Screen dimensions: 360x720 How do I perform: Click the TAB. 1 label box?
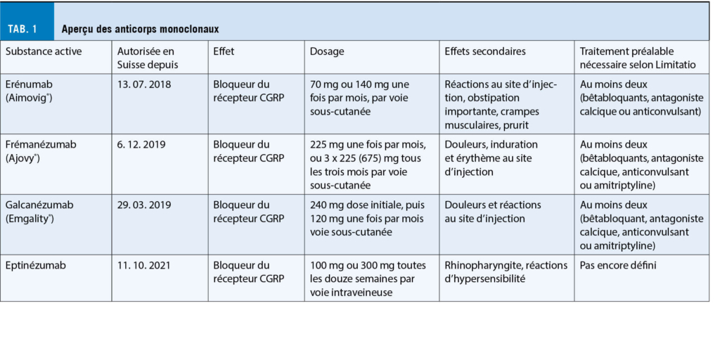click(x=27, y=29)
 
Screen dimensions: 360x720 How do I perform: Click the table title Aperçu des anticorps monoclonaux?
click(x=140, y=29)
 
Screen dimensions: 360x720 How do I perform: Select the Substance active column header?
click(x=43, y=51)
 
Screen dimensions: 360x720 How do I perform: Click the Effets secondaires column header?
click(x=484, y=51)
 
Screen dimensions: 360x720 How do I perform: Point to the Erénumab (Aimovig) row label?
click(x=32, y=90)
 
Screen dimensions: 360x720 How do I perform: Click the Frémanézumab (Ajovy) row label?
click(x=39, y=151)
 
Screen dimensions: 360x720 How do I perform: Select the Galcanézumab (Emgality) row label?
click(x=39, y=212)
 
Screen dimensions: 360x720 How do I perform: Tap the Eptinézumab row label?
click(x=35, y=266)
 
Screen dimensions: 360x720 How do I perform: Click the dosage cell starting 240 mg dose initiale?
click(x=371, y=219)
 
